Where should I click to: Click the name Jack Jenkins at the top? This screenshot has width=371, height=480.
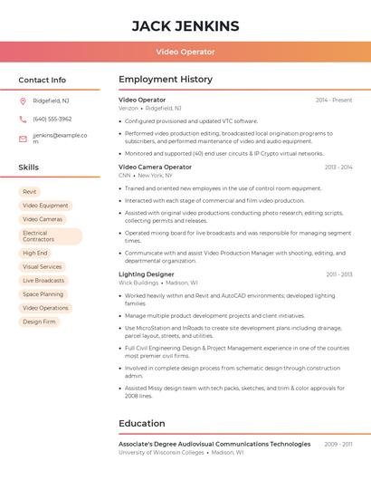coord(185,26)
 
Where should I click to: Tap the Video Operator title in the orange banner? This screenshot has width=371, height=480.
coord(185,53)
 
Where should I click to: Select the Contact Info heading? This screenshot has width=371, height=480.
coord(43,80)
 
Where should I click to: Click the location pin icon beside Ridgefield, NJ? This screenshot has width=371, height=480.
coord(23,101)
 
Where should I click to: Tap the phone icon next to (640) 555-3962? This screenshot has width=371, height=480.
coord(23,119)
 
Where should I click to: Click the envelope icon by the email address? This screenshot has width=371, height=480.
coord(23,139)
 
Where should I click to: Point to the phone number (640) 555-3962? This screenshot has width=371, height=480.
coord(52,119)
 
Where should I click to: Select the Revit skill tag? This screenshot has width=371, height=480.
coord(30,192)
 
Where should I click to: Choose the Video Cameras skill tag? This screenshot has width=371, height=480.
coord(43,219)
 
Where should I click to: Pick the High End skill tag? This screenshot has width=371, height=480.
coord(35,254)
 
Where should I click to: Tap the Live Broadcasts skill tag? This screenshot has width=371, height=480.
coord(43,281)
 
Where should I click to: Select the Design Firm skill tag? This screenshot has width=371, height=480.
coord(39,322)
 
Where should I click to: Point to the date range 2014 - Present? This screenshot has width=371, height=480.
coord(334,100)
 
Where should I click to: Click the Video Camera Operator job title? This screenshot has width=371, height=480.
coord(156,167)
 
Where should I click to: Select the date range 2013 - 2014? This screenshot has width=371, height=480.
coord(338,167)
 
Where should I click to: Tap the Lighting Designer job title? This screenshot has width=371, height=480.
coord(147,274)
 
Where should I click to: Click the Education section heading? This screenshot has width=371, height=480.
coord(142,423)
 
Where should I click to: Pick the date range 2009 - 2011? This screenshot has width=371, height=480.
coord(338,444)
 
